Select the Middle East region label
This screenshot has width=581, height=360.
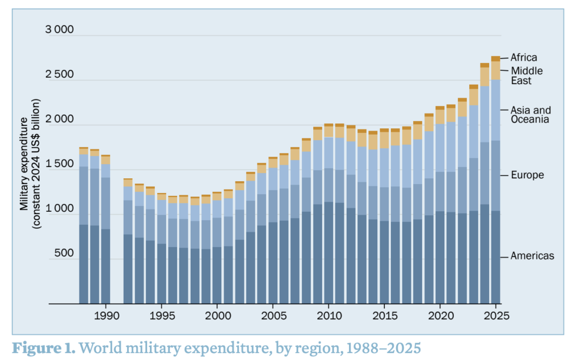pos(527,76)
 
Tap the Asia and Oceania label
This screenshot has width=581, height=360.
pos(531,114)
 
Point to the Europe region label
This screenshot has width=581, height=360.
pos(527,175)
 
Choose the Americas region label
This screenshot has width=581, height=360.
pos(532,256)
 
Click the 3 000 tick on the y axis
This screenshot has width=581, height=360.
pos(60,30)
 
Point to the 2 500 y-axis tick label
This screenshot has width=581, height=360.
pos(60,75)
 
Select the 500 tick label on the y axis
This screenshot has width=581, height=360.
pos(64,253)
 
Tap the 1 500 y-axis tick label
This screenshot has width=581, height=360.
pos(60,164)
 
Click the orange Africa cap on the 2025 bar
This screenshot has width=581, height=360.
pos(495,58)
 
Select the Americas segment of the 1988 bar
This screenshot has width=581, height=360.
pos(83,264)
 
